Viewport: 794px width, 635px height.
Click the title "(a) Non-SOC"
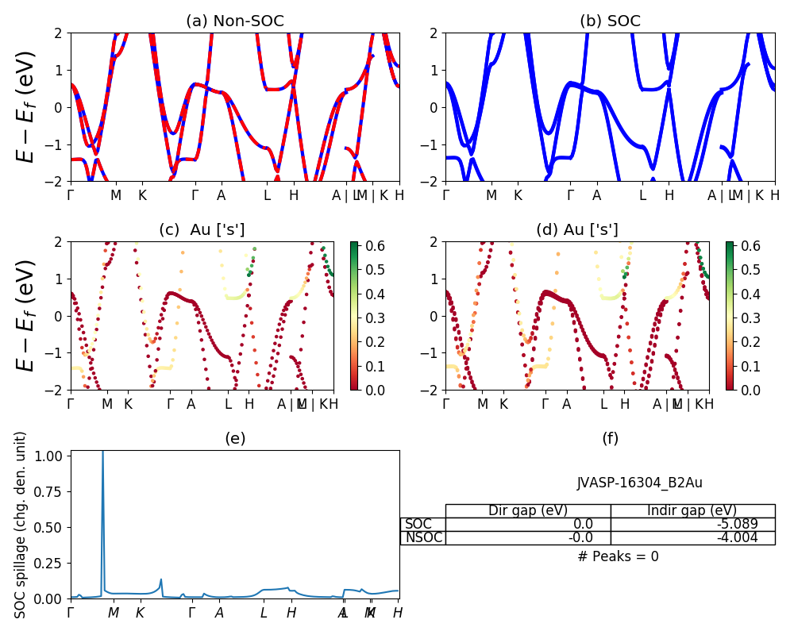coord(234,21)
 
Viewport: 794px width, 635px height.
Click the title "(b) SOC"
coord(610,21)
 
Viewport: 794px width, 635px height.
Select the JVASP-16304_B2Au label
coord(639,483)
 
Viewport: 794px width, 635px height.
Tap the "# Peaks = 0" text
coord(618,556)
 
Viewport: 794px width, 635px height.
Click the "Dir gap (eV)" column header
coord(528,510)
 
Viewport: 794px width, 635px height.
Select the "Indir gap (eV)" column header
coord(692,510)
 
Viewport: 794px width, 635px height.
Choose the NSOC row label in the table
coord(423,537)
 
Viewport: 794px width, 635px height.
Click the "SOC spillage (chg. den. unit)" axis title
coord(21,525)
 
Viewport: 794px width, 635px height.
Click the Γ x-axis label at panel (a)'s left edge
coord(71,195)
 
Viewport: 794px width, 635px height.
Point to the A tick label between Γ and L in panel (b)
coord(596,195)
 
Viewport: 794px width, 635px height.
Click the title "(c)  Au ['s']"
coord(202,230)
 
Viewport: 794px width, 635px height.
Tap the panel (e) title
coord(234,438)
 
